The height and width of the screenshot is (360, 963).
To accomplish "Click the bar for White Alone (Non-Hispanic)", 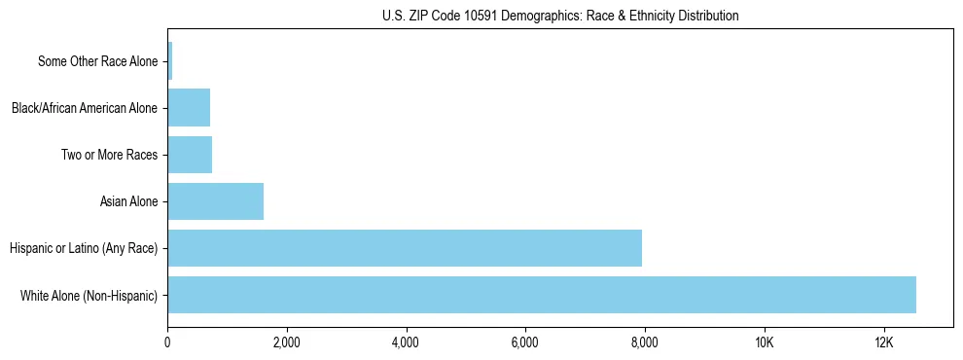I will coord(542,295).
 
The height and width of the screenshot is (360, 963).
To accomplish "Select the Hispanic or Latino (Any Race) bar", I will coord(405,248).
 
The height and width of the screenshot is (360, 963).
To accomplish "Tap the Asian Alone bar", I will coord(215,201).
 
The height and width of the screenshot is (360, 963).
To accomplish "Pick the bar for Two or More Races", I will coord(190,155).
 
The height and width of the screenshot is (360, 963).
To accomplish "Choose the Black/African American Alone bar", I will coord(189,107).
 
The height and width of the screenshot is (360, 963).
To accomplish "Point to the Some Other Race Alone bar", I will coord(170,60).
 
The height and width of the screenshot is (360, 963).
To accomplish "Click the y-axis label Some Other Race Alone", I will coord(97,61).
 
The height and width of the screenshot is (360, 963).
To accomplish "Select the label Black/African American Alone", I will coord(85,108).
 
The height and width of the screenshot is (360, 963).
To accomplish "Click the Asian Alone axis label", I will coord(128,201).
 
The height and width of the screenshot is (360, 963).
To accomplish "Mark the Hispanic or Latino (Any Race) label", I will coord(84,248).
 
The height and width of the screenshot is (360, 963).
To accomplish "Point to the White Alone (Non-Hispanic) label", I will coord(89,295).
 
